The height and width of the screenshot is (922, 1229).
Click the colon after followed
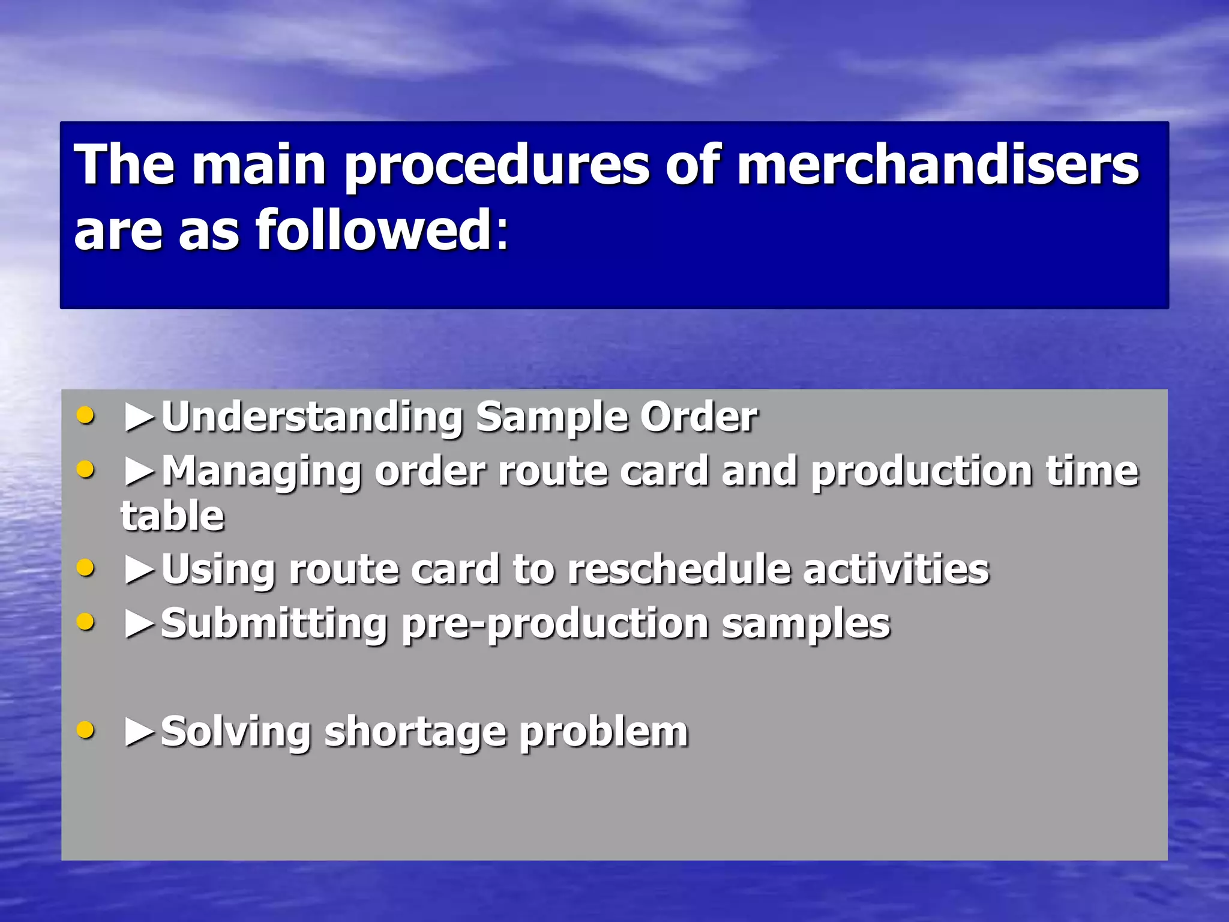[x=502, y=232]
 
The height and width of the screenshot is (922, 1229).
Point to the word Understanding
[x=312, y=417]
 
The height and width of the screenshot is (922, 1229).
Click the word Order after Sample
[x=699, y=417]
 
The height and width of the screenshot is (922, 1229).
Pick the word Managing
[x=262, y=471]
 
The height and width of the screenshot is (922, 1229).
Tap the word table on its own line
[x=173, y=516]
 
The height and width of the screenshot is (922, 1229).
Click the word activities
[x=896, y=569]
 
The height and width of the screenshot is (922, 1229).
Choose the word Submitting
[x=274, y=624]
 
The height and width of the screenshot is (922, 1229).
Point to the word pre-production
[x=556, y=625]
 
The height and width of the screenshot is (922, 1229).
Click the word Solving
[x=236, y=732]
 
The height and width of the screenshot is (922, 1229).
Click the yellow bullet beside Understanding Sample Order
[x=86, y=415]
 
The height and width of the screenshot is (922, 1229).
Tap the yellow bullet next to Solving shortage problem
[x=86, y=731]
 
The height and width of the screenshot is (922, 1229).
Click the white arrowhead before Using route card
[x=140, y=570]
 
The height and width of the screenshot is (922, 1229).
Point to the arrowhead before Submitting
[x=140, y=624]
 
